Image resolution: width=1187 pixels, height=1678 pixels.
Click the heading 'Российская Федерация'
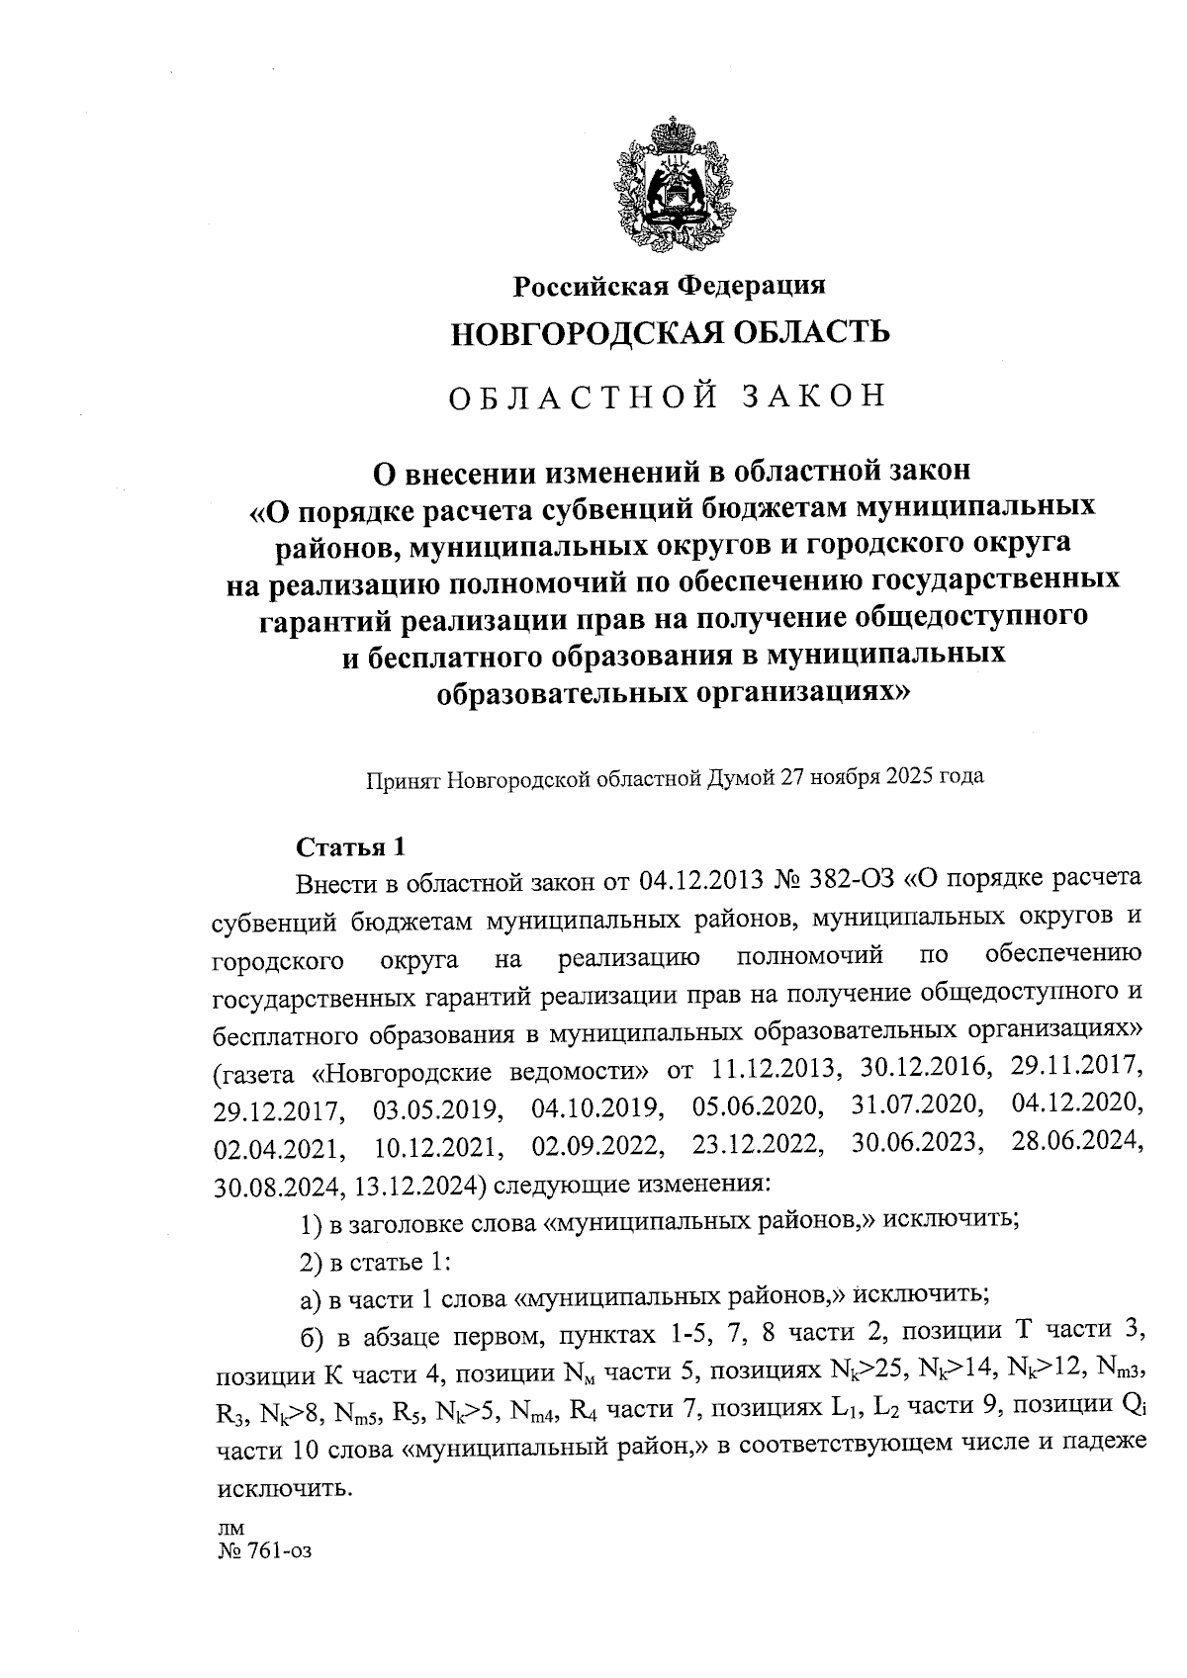[x=669, y=287]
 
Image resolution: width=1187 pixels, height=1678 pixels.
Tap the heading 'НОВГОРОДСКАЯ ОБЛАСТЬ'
[x=670, y=333]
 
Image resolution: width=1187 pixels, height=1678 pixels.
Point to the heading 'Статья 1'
[x=351, y=847]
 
